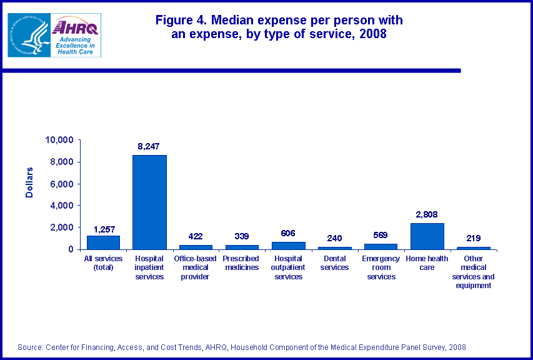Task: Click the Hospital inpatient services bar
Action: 149,202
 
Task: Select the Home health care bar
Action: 427,236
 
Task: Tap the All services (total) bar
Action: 102,242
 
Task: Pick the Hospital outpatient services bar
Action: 288,246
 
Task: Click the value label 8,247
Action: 149,146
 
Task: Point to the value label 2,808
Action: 427,214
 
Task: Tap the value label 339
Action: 241,236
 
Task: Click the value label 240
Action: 334,238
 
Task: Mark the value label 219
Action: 473,238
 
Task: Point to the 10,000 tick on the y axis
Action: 60,140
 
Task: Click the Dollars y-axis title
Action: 29,182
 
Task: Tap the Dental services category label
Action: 334,263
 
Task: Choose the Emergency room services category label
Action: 381,267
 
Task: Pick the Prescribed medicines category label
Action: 241,263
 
